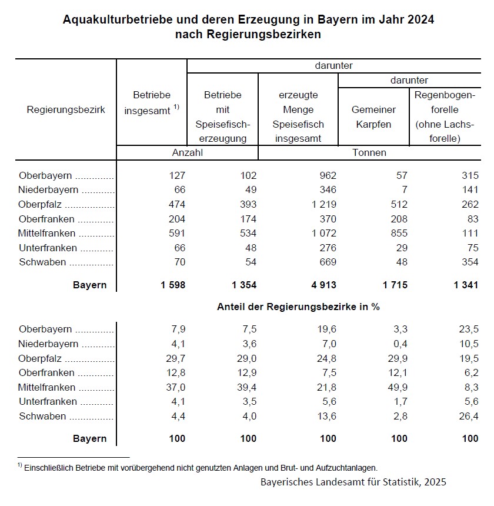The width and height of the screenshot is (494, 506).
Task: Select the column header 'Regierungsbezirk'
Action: (66, 109)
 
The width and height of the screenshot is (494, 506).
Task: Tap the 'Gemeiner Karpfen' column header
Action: (373, 116)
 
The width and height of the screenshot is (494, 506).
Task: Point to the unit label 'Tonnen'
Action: (369, 152)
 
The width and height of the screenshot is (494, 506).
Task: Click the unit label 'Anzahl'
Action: (187, 152)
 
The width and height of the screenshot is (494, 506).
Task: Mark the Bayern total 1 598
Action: (172, 285)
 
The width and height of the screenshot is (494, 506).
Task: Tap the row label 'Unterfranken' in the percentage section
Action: (48, 401)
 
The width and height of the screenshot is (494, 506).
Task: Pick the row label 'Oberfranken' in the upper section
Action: (46, 219)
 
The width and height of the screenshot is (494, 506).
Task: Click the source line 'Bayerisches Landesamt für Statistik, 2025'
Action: (353, 482)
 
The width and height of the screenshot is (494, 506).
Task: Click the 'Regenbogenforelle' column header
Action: (445, 116)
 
